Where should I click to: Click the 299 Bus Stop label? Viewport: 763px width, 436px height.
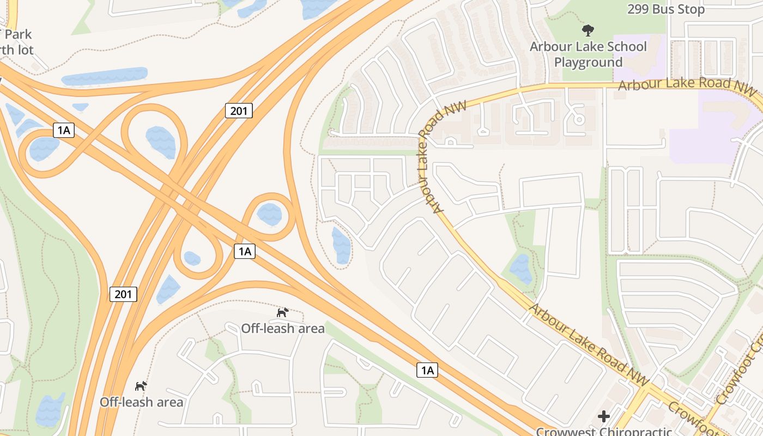(665, 9)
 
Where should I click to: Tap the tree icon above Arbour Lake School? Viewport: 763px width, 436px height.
(588, 31)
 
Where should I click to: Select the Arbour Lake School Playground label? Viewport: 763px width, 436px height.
(588, 55)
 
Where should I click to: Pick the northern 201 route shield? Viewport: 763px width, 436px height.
(239, 111)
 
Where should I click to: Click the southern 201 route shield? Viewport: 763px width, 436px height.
(123, 294)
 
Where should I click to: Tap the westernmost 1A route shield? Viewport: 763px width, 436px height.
(64, 130)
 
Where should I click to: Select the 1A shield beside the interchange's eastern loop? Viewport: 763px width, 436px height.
(245, 251)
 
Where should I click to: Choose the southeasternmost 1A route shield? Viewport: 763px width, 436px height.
(427, 371)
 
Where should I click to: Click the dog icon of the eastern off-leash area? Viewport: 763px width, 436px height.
(282, 312)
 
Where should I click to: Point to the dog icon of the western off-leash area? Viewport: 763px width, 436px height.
(141, 386)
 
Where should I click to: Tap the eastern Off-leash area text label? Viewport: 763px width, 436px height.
(283, 328)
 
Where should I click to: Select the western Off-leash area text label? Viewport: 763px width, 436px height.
(141, 402)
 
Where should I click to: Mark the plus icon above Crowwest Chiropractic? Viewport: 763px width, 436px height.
(604, 417)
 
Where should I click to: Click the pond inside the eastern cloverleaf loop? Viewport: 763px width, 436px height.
(270, 214)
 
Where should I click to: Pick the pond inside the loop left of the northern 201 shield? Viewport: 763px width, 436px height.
(161, 142)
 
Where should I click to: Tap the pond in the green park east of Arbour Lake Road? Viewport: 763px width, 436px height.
(520, 269)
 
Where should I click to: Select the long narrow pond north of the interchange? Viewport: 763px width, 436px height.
(105, 76)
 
